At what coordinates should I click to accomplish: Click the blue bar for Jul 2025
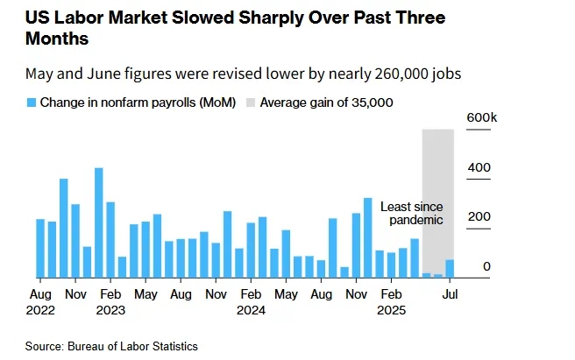[x=450, y=268]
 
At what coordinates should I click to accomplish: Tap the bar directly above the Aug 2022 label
[x=40, y=249]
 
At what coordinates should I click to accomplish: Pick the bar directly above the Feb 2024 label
[x=251, y=251]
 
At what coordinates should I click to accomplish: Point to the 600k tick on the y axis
[x=480, y=117]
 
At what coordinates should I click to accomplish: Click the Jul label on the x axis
[x=450, y=294]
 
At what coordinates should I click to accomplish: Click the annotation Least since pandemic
[x=411, y=213]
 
